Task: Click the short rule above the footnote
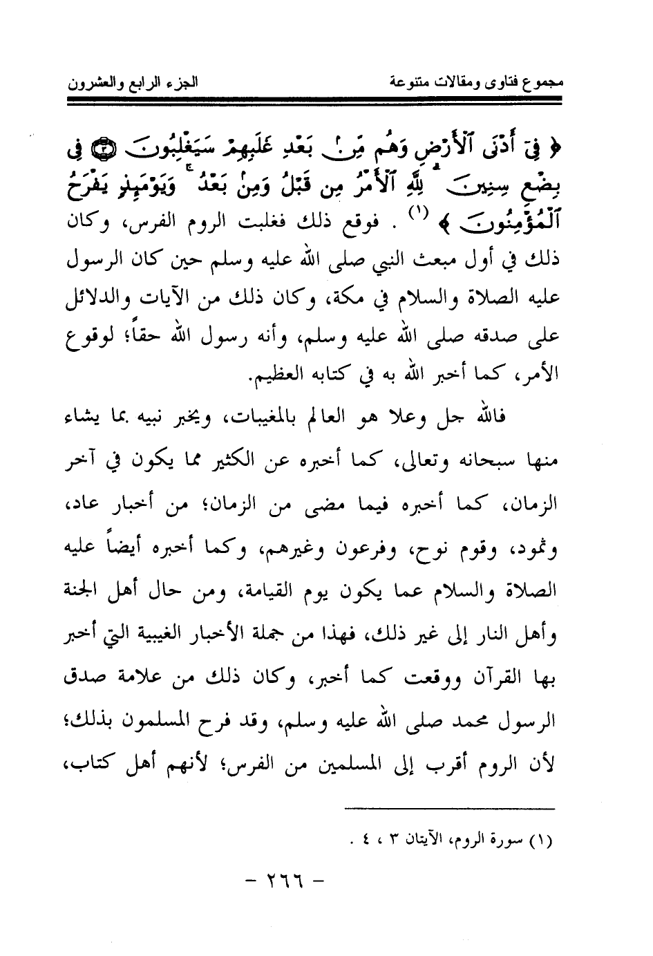tap(449, 808)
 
